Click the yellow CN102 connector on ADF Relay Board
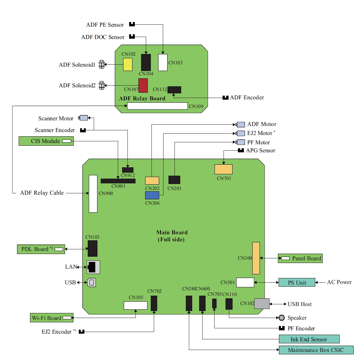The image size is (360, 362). (128, 64)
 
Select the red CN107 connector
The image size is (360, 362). (143, 85)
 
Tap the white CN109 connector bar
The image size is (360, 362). (157, 106)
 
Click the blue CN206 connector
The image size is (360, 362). (152, 195)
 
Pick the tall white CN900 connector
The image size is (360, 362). (93, 193)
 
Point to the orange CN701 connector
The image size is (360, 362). (223, 169)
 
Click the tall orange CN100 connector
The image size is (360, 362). (256, 258)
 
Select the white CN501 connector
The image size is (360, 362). (245, 282)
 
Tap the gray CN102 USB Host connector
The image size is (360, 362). (262, 304)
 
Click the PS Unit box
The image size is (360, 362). (297, 283)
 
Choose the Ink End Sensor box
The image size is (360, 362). (309, 339)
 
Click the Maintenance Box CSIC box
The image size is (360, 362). (316, 350)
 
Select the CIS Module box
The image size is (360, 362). (46, 141)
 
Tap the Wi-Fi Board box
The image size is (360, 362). (51, 318)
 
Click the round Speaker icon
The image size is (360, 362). (282, 318)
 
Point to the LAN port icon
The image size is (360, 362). (93, 267)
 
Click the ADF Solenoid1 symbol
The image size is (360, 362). (102, 65)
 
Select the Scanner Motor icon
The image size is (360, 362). (83, 118)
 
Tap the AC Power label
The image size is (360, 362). (339, 282)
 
